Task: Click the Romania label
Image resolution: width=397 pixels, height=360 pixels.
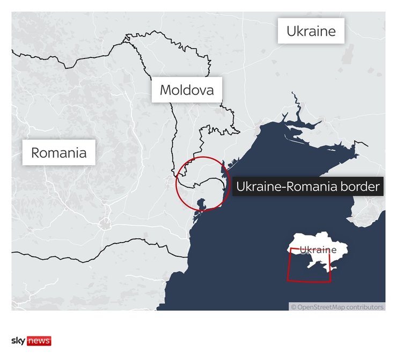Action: (x=58, y=153)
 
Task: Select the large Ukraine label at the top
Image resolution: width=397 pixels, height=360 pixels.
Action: (x=311, y=31)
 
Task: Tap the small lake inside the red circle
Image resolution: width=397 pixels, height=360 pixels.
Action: (x=202, y=204)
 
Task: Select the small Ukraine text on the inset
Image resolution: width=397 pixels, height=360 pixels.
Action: (x=318, y=250)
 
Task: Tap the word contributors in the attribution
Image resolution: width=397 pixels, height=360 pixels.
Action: (x=365, y=307)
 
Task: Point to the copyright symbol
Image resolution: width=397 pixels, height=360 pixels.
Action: (x=293, y=307)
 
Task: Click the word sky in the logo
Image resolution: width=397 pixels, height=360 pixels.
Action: (x=18, y=341)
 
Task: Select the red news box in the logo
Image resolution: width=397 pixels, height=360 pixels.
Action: (x=39, y=341)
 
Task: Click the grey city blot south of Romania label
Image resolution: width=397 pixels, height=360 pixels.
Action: (x=106, y=222)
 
